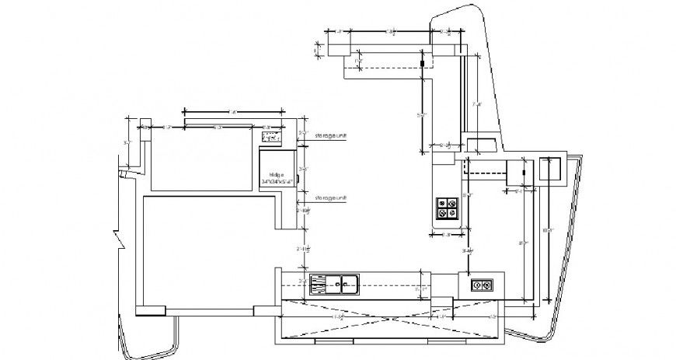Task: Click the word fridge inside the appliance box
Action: pos(276,174)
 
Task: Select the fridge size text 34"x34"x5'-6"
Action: pos(277,182)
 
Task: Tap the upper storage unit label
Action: pos(329,136)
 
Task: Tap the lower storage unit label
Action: pos(329,199)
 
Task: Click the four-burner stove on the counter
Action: pos(447,208)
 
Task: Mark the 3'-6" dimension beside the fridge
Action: pos(303,169)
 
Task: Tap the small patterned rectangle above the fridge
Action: pos(271,138)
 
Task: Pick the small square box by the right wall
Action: pos(551,169)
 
